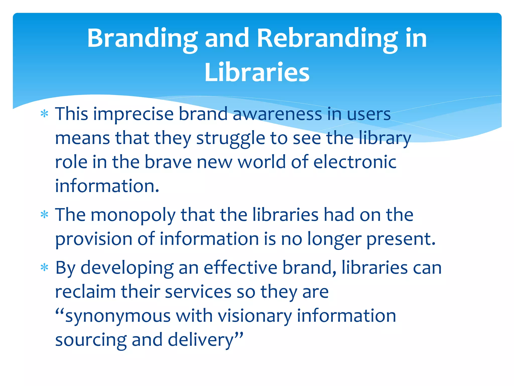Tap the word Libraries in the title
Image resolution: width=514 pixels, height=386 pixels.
point(257,72)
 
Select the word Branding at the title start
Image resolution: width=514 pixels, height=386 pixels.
point(142,38)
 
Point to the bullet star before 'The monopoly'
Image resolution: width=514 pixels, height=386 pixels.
point(44,215)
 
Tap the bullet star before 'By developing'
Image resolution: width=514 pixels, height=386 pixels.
point(44,268)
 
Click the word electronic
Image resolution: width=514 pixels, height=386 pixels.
point(355,162)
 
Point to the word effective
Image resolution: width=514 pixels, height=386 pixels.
point(240,268)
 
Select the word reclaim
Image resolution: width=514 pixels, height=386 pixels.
point(85,292)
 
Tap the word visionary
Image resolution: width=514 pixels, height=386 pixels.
point(255,316)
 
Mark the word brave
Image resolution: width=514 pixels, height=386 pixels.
point(168,162)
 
